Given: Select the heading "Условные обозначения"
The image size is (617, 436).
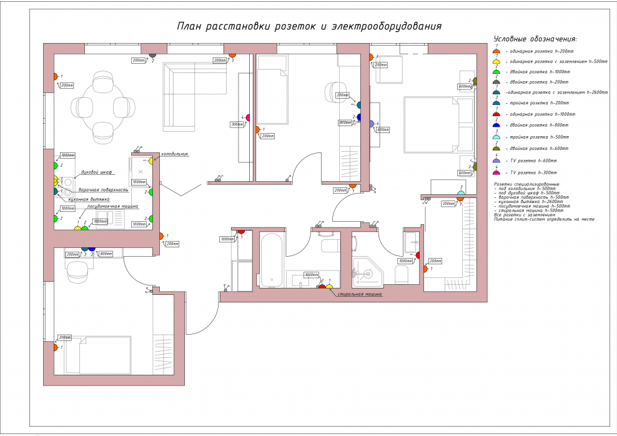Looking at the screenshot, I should coord(535,39).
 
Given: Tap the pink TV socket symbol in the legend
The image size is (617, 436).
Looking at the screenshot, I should coord(496,172).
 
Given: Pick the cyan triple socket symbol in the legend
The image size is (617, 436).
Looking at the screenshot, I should coord(496,137).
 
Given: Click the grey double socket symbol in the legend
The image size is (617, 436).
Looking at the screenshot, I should coord(496,82).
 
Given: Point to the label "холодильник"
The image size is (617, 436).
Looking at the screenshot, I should coord(174,154).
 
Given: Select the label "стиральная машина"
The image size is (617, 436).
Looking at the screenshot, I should coord(359,293).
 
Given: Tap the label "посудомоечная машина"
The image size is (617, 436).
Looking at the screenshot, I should coord(112,206).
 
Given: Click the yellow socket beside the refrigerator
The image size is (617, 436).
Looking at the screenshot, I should coord(152,161).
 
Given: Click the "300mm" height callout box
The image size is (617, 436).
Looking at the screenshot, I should coord(237,124).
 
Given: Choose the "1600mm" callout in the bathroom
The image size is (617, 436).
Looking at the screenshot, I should coord(310,275).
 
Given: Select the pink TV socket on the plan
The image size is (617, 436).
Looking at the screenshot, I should coord(247,117).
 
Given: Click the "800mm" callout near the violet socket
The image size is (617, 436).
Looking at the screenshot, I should coord(345,122).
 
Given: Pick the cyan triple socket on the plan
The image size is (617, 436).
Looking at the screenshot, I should coord(460,194).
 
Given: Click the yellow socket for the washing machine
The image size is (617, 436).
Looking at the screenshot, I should coord(329,287).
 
